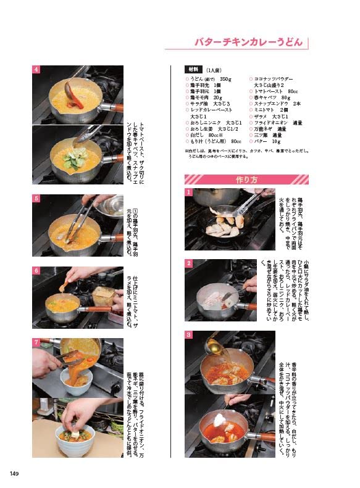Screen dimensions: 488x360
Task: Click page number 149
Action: click(x=15, y=473)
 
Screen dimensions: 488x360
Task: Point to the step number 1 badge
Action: click(x=188, y=192)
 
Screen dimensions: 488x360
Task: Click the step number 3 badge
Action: click(x=188, y=334)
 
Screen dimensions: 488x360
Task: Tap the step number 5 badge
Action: click(x=36, y=199)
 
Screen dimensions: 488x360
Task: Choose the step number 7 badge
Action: click(x=36, y=341)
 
